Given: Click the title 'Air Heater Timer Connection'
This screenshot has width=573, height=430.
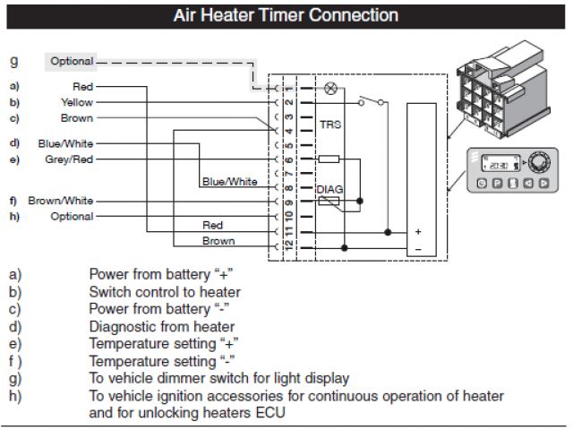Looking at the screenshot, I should tap(286, 16).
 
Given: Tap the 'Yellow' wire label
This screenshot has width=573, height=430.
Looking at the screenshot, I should tap(76, 102).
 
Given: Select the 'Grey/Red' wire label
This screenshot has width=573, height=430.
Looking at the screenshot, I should tap(68, 159).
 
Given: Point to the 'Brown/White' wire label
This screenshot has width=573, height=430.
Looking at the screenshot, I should tap(60, 201).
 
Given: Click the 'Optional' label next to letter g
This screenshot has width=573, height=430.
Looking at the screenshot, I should tap(72, 61).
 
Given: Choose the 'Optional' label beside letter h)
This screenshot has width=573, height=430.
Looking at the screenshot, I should tap(72, 217).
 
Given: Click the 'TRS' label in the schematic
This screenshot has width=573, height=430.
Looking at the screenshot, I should tap(330, 126).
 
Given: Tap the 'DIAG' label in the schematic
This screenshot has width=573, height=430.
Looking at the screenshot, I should tap(330, 189).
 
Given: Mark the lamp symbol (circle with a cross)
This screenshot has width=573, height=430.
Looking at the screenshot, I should tap(330, 88).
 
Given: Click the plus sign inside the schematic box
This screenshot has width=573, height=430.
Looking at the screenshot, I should tap(417, 231).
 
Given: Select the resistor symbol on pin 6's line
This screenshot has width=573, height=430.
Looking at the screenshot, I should tap(329, 159).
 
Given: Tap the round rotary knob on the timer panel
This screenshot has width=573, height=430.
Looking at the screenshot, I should tap(539, 164).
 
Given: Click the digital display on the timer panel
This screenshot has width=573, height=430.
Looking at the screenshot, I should tap(495, 165).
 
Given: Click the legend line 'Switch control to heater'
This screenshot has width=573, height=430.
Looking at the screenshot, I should tap(165, 291).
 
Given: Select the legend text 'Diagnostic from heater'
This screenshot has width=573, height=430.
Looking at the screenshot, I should tap(162, 326).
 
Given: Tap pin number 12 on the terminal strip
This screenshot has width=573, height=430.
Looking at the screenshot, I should tap(288, 242).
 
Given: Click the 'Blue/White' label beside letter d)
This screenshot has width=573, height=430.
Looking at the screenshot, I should tap(65, 143).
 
